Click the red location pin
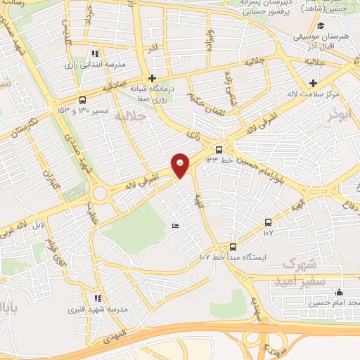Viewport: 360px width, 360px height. tap(181, 165)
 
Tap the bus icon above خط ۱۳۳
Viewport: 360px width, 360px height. tap(219, 149)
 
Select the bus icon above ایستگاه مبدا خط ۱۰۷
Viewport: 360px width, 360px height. tap(233, 247)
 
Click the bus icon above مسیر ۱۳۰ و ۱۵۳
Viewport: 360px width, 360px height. tap(83, 100)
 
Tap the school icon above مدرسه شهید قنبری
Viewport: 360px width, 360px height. tap(98, 298)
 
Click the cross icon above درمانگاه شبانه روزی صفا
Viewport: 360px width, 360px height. tap(152, 78)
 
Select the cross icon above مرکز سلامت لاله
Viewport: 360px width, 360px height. tap(313, 82)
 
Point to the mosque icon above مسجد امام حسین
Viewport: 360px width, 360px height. tap(340, 292)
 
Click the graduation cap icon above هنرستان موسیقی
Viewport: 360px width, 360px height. tap(321, 26)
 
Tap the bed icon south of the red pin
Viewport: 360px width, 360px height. tap(175, 226)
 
